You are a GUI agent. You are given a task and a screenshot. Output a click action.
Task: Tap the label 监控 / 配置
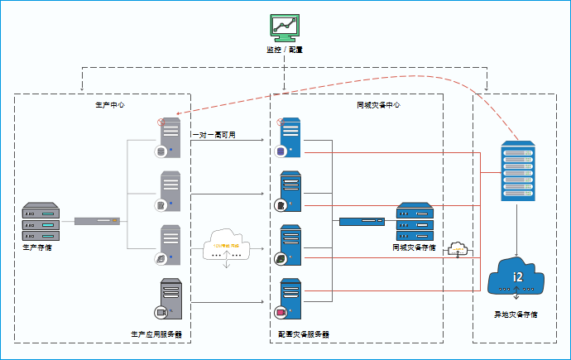[x=284, y=50]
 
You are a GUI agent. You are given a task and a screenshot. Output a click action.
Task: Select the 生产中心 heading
[x=111, y=105]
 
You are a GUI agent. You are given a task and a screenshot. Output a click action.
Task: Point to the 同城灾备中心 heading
[x=378, y=105]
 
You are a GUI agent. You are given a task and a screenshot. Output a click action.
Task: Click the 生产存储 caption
[x=37, y=247]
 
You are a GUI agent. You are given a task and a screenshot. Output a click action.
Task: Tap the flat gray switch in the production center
[x=98, y=221]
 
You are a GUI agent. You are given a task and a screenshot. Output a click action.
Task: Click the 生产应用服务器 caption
[x=156, y=335]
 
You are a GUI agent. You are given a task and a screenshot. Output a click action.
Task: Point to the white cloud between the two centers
[x=227, y=247]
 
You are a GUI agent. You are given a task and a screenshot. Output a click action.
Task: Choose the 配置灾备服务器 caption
[x=304, y=335]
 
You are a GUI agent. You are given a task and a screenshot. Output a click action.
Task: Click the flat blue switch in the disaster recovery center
[x=362, y=221]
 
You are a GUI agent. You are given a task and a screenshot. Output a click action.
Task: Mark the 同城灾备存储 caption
[x=415, y=247]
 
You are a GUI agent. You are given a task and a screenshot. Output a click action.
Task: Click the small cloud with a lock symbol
[x=456, y=248]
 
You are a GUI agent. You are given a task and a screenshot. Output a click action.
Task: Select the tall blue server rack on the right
[x=517, y=171]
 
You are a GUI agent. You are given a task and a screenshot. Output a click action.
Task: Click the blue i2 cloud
[x=517, y=277]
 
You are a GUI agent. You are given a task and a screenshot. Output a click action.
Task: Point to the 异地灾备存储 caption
[x=516, y=314]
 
